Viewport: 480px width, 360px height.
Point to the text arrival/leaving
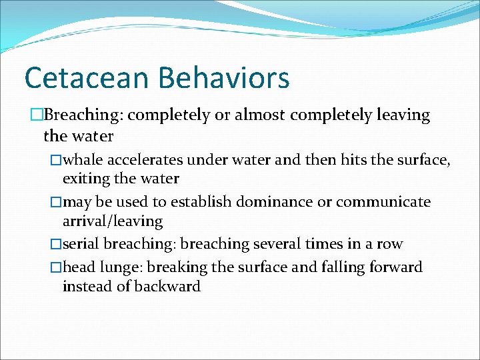113,221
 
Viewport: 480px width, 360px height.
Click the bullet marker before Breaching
37,115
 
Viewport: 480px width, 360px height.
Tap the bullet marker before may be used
57,202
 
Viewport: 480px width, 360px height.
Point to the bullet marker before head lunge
57,267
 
